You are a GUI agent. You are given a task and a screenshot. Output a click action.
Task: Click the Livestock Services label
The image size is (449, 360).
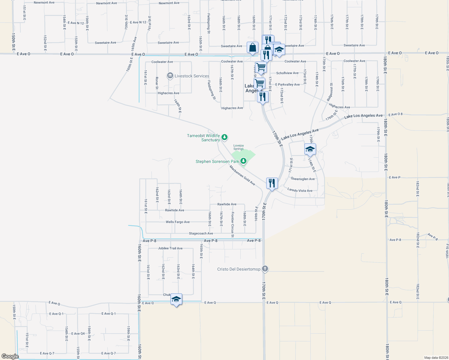pos(192,76)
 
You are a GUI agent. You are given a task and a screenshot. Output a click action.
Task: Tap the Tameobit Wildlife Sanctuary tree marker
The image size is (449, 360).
pos(224,138)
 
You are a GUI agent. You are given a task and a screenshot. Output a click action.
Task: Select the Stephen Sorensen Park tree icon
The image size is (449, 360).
pos(243,161)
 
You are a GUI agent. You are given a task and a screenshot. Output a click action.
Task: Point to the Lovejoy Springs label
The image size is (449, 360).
pos(239,147)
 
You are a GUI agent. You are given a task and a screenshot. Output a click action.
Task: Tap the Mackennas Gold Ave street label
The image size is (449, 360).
pos(242,175)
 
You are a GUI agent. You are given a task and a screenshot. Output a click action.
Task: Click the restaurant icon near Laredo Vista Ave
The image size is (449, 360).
pos(272,183)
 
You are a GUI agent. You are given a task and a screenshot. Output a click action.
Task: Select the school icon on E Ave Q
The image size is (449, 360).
pos(176,299)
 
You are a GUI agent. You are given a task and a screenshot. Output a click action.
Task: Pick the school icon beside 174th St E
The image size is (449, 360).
pos(310,149)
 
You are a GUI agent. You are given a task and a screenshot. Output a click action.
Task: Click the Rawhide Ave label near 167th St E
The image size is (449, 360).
pos(227,204)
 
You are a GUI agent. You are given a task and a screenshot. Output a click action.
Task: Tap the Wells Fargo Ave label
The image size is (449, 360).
pos(178,222)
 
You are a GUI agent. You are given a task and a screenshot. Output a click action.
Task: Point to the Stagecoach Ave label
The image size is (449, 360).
pos(201,233)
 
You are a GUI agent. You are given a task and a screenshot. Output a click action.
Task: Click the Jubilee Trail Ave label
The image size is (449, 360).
pos(170,248)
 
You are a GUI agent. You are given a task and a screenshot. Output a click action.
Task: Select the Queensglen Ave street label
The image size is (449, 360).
pos(303,179)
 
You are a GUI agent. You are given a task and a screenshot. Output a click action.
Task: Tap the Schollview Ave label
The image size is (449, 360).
pos(287,73)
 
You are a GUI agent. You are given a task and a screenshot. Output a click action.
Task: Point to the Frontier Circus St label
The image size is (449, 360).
pos(233,224)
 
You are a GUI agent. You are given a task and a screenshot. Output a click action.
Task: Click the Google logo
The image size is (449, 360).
pos(10,356)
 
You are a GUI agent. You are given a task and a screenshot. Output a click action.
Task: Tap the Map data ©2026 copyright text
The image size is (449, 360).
pos(436,358)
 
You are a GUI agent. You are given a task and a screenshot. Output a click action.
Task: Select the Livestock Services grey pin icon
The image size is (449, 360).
pos(170,76)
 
